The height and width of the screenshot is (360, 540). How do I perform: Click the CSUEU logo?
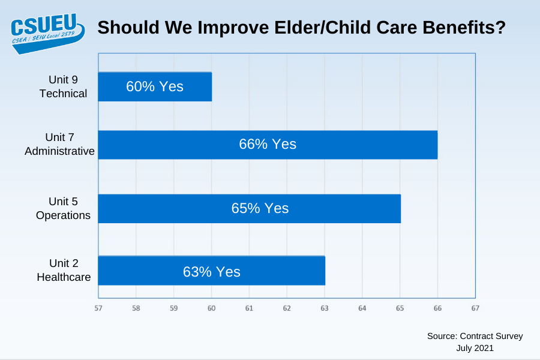tap(47, 34)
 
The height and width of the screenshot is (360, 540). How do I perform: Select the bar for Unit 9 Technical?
tap(155, 86)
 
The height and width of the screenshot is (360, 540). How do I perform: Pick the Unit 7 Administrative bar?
tap(268, 145)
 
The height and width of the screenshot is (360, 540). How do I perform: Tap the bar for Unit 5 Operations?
tap(250, 208)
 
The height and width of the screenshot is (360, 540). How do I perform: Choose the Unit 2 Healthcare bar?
tap(211, 271)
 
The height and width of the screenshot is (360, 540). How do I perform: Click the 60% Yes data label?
tap(155, 86)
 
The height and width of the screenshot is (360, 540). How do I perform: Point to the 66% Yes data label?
tap(268, 144)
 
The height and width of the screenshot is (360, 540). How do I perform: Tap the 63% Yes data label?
tap(211, 272)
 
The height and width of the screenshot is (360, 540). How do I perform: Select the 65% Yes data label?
tap(260, 208)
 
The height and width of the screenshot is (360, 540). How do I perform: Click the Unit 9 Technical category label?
tap(63, 86)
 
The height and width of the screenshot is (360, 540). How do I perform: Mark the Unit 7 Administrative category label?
tap(59, 144)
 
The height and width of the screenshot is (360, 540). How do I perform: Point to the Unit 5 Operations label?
tap(63, 208)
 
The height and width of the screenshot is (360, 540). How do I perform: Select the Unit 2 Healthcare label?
tap(64, 270)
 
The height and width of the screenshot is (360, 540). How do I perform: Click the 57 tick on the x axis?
tap(98, 308)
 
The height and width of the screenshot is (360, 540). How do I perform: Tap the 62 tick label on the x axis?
tap(287, 308)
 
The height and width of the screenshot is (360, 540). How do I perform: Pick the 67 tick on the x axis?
tap(475, 308)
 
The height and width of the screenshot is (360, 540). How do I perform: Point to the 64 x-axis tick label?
tap(362, 308)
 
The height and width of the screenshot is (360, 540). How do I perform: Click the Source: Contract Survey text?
tap(475, 336)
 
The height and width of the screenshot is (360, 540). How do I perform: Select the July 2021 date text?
tap(475, 348)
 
